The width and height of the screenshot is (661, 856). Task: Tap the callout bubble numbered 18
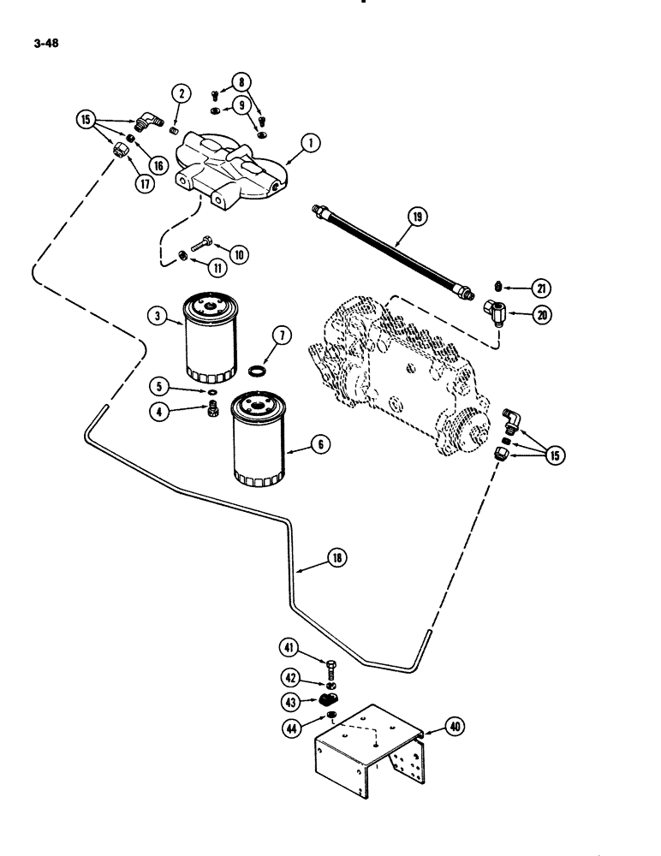[x=336, y=557]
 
